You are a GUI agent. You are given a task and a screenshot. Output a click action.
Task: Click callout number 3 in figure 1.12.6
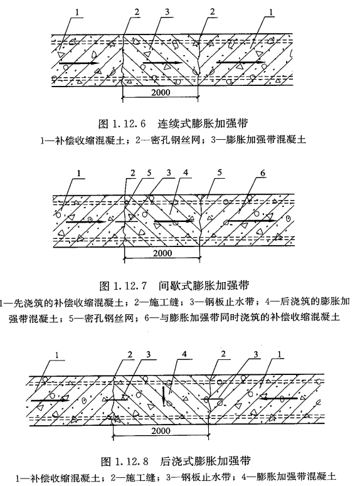tap(167, 12)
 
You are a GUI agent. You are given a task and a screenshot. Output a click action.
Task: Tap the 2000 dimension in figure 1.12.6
tap(161, 92)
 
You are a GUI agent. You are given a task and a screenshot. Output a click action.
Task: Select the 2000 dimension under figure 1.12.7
tap(162, 253)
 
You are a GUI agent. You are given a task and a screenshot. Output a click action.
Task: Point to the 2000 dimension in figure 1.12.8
tap(161, 431)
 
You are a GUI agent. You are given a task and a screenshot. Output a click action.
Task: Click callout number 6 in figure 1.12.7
tap(263, 173)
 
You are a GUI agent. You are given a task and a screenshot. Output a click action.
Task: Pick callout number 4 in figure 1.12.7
tap(186, 172)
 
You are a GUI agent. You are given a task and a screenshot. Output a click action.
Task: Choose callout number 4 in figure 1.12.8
tap(184, 354)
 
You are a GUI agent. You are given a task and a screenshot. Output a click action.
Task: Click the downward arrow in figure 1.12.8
tap(164, 396)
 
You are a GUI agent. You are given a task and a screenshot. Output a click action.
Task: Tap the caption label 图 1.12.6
tap(122, 124)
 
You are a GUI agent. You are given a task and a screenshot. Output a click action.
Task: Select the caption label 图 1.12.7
tap(123, 285)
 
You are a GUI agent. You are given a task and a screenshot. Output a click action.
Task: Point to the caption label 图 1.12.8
tap(125, 462)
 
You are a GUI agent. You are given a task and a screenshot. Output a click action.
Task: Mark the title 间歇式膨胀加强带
tap(204, 285)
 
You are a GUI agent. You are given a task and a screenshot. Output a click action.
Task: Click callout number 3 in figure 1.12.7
tap(169, 172)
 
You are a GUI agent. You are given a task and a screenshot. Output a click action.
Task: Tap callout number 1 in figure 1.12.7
tap(79, 173)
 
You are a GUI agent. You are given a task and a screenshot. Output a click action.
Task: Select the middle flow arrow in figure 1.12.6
tap(162, 63)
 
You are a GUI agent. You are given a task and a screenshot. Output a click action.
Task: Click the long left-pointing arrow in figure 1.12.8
tap(278, 398)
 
